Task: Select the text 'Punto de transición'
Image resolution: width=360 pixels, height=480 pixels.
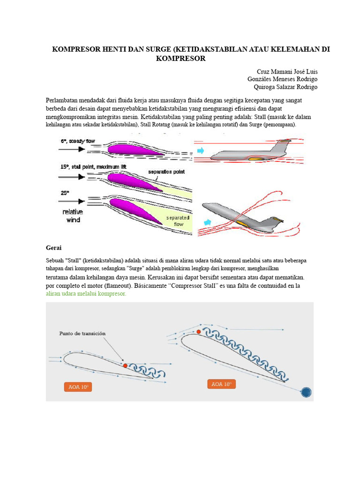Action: pos(82,333)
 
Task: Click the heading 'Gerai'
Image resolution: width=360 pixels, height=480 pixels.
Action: pos(54,247)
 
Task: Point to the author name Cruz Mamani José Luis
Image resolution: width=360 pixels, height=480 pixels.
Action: pos(287,72)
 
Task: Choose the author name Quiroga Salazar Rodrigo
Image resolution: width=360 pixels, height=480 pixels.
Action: pos(285,87)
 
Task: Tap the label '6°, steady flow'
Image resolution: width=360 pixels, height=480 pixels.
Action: pos(78,141)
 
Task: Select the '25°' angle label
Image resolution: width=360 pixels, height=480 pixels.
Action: pos(65,193)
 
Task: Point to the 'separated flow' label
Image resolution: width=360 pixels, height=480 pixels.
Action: pos(179,221)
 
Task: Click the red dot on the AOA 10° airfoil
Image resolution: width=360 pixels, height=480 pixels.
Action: pos(125,365)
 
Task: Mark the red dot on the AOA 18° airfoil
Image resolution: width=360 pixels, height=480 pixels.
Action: pos(199,331)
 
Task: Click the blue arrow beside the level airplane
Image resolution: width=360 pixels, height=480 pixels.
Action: pos(200,150)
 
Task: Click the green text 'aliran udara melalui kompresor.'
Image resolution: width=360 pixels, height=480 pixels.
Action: pos(86,294)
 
